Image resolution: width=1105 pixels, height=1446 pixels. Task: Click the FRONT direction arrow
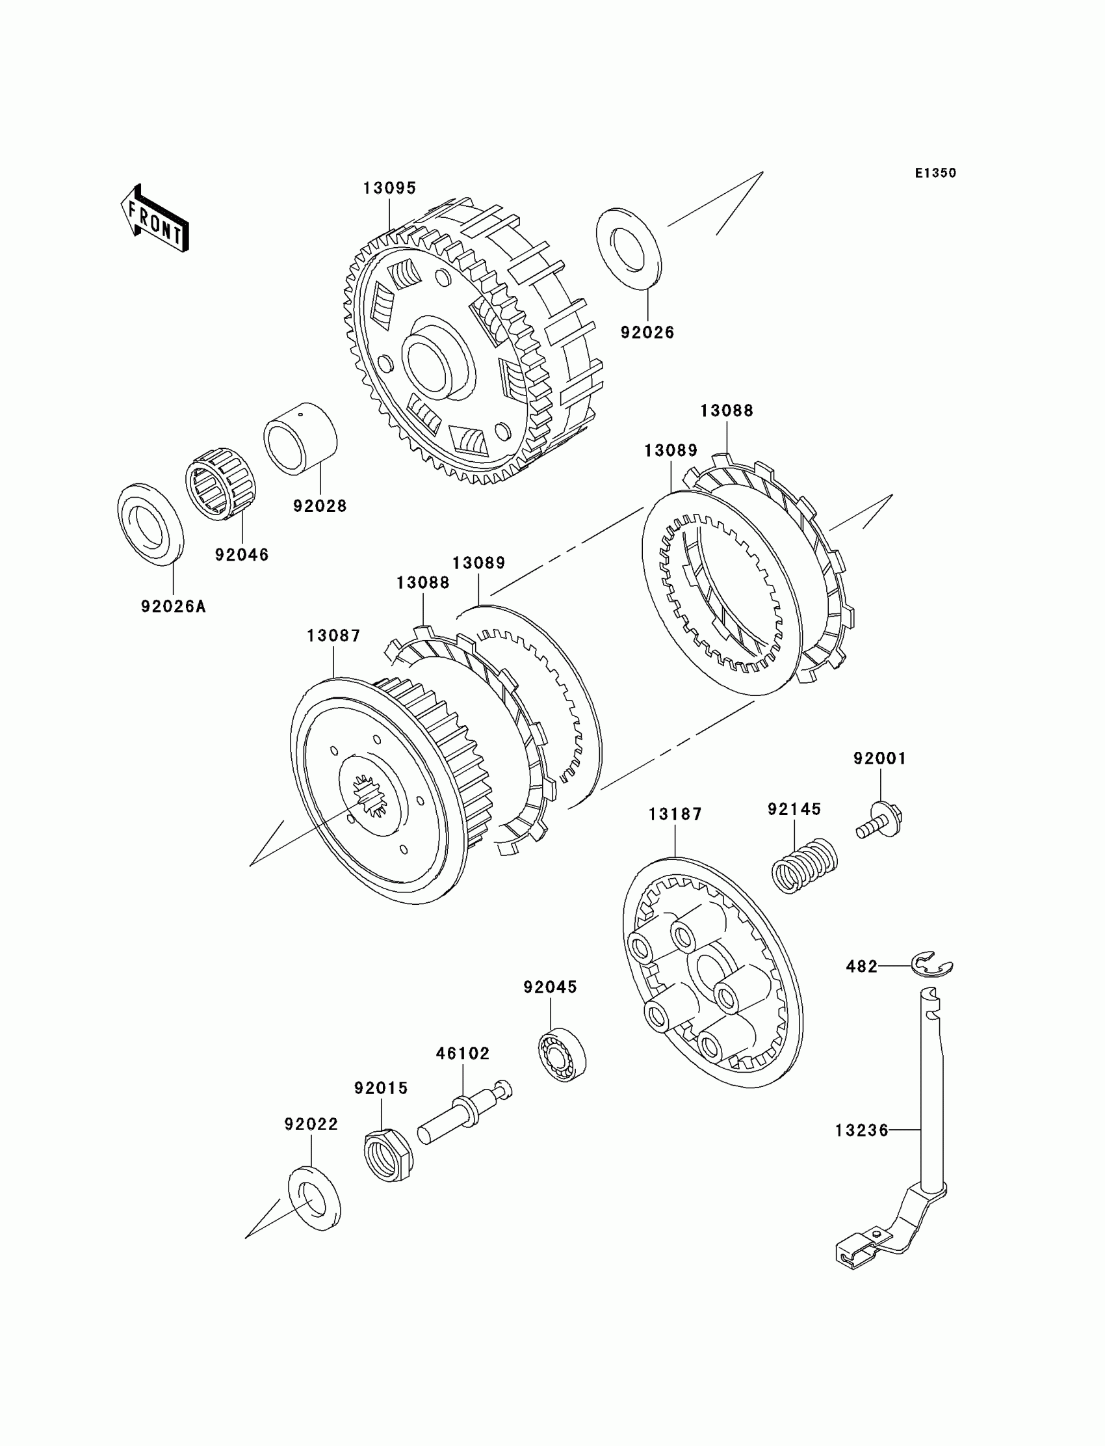pos(155,219)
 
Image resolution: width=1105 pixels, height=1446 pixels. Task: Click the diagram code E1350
pos(935,173)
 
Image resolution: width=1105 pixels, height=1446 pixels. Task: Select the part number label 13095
pos(389,189)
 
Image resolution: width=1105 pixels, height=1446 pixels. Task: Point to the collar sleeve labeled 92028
pos(300,438)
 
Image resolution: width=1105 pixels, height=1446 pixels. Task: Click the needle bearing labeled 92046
pos(221,485)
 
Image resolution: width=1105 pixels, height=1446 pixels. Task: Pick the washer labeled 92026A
pos(151,524)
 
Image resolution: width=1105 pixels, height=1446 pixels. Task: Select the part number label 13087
pos(333,636)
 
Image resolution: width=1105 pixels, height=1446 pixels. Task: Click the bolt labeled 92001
pos(881,821)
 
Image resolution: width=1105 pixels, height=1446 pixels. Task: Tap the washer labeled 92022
pos(315,1198)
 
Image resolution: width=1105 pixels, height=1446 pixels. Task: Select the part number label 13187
pos(675,814)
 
